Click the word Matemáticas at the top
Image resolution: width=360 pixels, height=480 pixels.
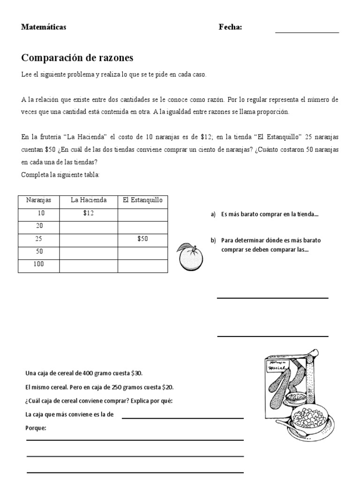tap(44, 27)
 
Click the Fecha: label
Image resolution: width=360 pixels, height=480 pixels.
tap(230, 27)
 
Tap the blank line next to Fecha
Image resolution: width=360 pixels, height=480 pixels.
tap(307, 32)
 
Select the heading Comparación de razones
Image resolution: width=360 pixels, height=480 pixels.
tap(77, 58)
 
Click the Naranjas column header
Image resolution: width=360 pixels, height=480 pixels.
tap(38, 200)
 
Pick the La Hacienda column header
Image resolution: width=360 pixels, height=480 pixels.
tap(89, 200)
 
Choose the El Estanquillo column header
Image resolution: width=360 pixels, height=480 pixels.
tap(142, 200)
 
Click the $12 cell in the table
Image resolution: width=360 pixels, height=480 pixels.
tap(89, 213)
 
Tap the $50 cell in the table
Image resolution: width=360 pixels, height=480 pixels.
tap(142, 239)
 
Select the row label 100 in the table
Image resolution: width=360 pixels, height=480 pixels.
tap(38, 264)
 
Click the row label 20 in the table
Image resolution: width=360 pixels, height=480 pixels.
tap(38, 226)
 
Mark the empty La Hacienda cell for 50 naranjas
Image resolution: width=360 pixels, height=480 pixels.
tap(89, 252)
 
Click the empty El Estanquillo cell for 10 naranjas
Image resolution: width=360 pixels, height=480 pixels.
tap(142, 213)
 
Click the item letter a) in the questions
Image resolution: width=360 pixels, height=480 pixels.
tap(213, 214)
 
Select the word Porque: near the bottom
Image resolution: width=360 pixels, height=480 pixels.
tap(36, 428)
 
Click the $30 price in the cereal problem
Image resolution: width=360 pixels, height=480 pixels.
tap(136, 374)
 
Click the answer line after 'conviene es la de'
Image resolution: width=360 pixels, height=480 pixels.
tap(183, 417)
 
